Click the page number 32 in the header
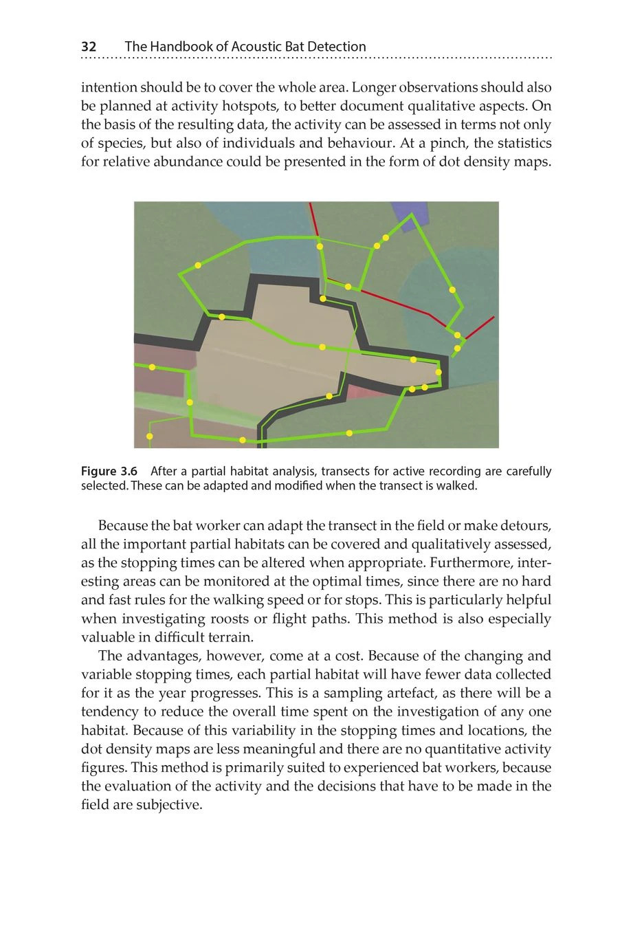[89, 47]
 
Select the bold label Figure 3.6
[109, 472]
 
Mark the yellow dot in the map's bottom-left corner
[150, 437]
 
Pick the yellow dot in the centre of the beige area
[322, 347]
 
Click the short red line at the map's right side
[480, 328]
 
